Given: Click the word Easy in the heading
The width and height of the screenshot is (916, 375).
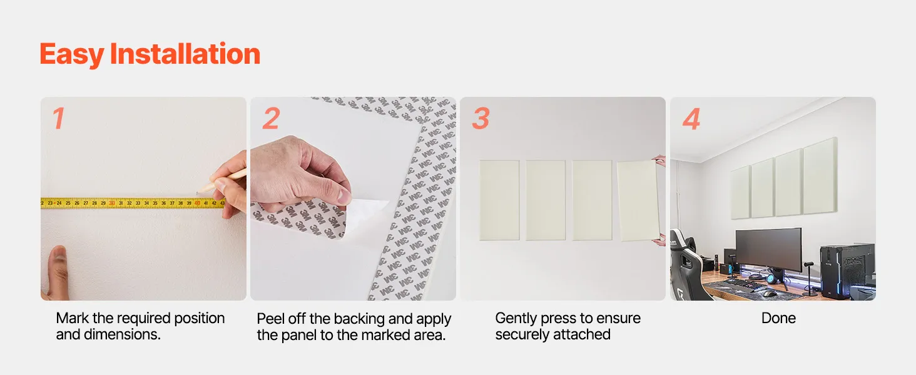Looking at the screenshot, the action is click(x=72, y=55).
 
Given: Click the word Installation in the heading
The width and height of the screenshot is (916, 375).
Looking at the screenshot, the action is click(x=185, y=54).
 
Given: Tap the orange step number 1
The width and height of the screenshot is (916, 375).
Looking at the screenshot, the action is click(x=58, y=119).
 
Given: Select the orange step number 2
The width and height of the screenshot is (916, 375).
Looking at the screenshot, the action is click(x=271, y=118).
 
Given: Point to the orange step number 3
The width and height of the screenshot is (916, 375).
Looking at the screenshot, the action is click(x=481, y=119).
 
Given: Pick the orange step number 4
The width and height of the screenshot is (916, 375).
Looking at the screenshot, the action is click(x=691, y=119).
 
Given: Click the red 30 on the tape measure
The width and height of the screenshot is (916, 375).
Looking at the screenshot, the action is click(x=111, y=203).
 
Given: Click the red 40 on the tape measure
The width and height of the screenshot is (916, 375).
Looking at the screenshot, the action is click(x=197, y=203).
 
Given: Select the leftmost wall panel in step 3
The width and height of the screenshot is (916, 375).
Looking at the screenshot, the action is click(x=499, y=200).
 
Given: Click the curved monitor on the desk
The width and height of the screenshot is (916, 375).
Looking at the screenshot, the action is click(x=768, y=249).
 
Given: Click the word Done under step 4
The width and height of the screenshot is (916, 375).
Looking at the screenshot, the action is click(x=778, y=318).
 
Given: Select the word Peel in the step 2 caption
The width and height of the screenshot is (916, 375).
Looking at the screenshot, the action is click(x=270, y=319).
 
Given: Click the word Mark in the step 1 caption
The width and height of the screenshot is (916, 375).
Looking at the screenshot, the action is click(x=72, y=318).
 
